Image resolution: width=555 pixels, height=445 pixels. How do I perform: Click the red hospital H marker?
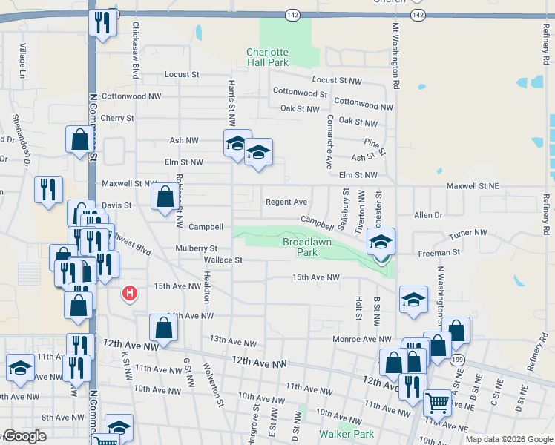click(x=130, y=294)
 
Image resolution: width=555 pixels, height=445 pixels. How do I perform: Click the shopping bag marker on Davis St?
click(x=165, y=197)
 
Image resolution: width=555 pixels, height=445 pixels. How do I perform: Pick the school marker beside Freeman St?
click(x=381, y=242)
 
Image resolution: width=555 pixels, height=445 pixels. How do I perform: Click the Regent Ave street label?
click(x=286, y=202)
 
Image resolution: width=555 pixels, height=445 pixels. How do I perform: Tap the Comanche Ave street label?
click(x=329, y=148)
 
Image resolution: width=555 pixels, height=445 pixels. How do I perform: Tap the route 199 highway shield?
click(x=453, y=360)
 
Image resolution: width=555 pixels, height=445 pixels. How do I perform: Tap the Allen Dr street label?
click(x=428, y=215)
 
